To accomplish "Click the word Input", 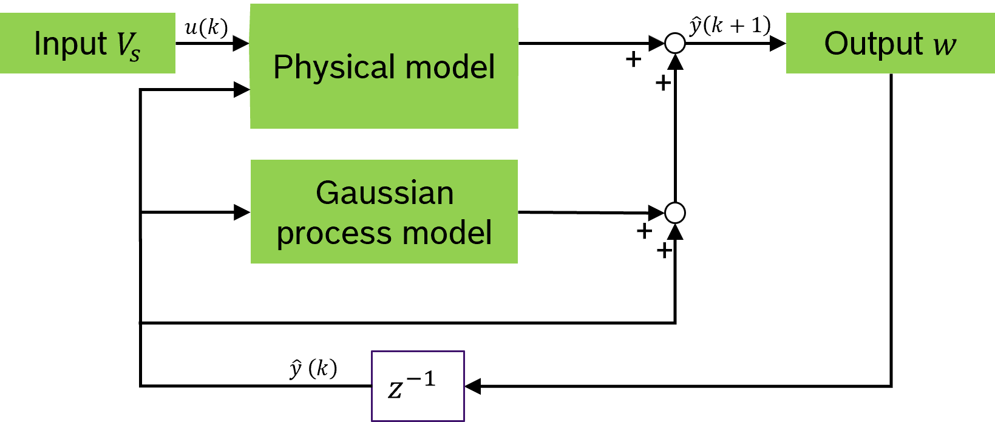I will tap(70, 44).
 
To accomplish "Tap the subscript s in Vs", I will tap(135, 55).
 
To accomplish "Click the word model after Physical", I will tap(450, 67).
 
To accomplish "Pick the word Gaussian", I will tap(384, 194).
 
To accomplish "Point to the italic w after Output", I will tap(945, 46).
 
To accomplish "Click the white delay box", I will tap(418, 386).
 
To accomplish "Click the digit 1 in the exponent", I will tap(429, 379).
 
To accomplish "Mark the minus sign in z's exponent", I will tap(414, 380).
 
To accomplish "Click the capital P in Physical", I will tap(281, 67).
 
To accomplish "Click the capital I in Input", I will tap(37, 44).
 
